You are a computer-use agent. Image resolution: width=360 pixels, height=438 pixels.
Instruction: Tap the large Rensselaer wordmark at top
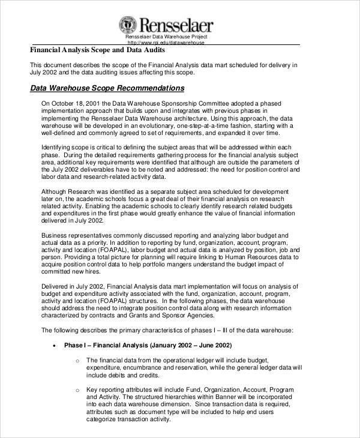(175, 25)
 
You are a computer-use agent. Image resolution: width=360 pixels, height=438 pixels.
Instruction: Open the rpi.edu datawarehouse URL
(166, 43)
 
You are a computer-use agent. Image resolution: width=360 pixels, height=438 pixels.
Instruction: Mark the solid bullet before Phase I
(54, 346)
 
